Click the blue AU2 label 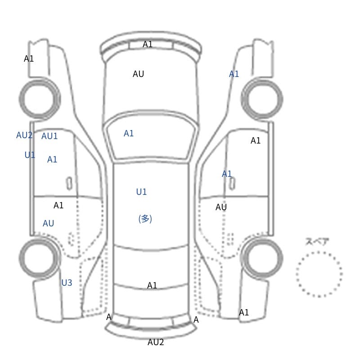[x=24, y=135]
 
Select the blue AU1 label [x=49, y=136]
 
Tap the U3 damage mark [x=67, y=283]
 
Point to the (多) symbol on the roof [x=145, y=219]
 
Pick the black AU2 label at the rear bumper [x=156, y=342]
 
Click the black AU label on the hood [x=139, y=74]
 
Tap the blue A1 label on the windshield [x=129, y=133]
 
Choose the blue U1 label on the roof [x=141, y=192]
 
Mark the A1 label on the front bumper [x=148, y=44]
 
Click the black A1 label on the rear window [x=152, y=286]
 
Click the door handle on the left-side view [x=69, y=184]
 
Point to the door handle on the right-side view [x=232, y=184]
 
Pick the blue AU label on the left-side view [x=48, y=223]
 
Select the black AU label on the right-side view [x=221, y=207]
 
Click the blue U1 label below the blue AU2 [x=30, y=155]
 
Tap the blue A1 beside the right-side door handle [x=227, y=174]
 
